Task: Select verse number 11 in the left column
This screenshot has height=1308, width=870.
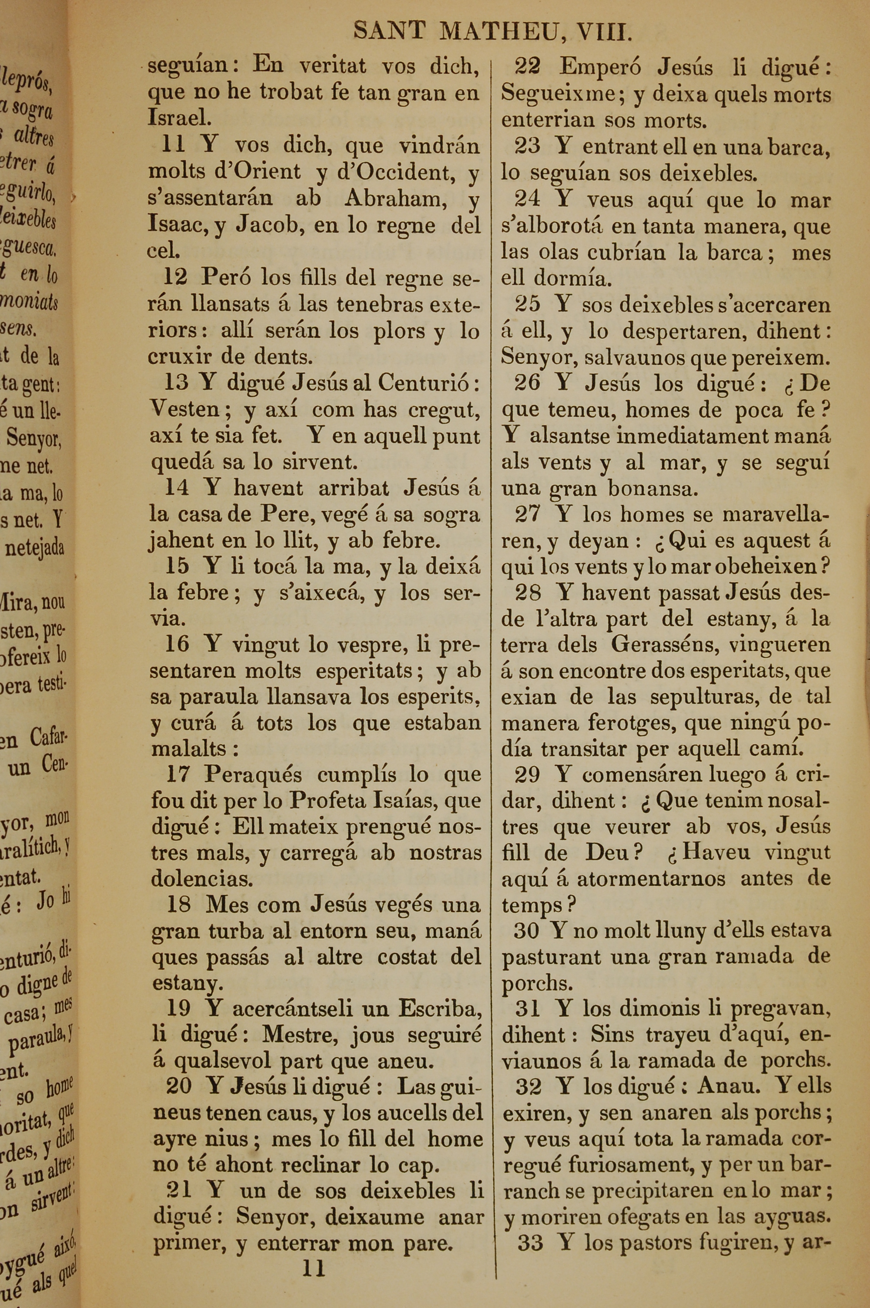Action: pos(173,145)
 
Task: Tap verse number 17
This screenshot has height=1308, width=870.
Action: pos(178,774)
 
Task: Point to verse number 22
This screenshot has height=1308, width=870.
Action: pos(527,67)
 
